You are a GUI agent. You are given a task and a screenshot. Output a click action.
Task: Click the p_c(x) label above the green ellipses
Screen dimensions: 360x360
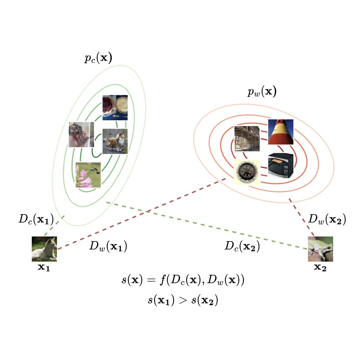98,58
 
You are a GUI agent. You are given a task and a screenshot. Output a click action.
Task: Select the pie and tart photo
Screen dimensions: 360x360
115,108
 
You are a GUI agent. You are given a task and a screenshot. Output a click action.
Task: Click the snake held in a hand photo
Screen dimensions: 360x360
81,135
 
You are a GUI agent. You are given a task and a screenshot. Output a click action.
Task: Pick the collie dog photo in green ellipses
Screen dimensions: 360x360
115,141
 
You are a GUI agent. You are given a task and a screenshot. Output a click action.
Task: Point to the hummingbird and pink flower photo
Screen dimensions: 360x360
88,175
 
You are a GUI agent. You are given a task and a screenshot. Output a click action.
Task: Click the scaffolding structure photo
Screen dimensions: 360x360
247,138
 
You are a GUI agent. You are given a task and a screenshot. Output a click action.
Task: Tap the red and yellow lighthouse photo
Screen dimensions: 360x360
280,132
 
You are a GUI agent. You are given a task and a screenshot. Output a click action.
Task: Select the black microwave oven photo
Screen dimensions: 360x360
280,166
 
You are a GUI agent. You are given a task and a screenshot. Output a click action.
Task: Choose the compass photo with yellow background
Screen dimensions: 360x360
247,172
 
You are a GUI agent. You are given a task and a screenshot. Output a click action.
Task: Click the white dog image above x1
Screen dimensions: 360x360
44,249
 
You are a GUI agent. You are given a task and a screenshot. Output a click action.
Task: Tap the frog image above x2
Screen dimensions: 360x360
320,249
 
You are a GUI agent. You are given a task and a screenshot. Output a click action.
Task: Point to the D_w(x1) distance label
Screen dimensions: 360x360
108,246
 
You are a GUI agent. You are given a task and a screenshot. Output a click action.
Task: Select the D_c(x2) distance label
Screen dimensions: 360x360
242,246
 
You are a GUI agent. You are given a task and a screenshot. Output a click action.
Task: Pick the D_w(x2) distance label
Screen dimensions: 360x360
327,220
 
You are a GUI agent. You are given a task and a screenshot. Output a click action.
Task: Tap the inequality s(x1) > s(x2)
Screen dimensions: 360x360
183,300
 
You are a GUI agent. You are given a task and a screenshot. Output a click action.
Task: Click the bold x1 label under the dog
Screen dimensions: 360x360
44,268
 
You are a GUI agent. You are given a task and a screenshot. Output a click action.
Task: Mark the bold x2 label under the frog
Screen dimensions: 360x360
320,268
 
